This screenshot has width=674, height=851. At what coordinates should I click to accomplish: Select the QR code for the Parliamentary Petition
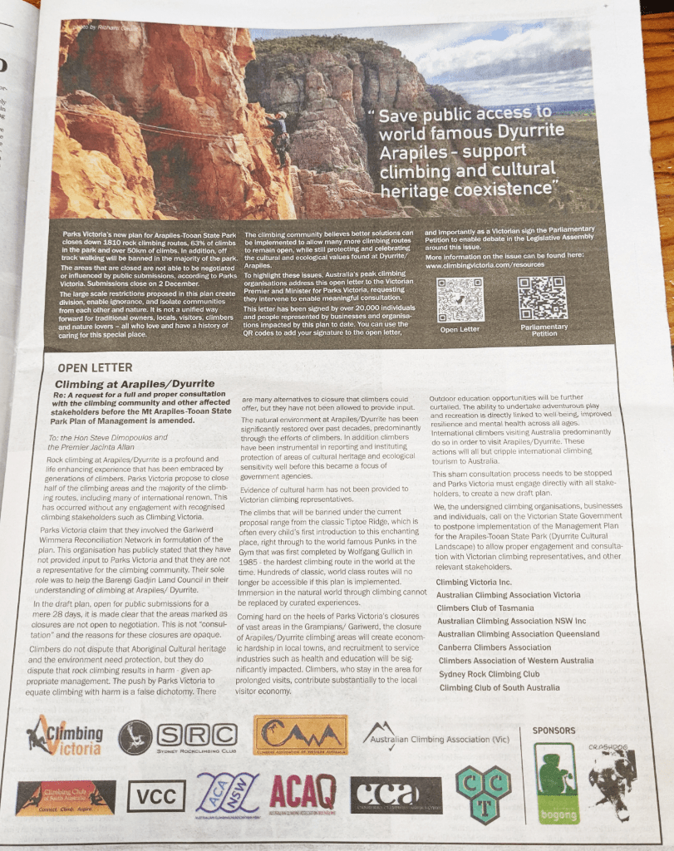[x=543, y=298]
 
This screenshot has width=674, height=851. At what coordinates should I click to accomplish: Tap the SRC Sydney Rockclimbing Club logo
[x=177, y=736]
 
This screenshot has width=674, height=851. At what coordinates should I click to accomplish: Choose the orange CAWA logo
[x=300, y=735]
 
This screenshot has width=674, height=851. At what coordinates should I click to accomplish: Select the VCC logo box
[x=156, y=796]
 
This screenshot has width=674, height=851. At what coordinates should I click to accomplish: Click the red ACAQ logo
[x=303, y=794]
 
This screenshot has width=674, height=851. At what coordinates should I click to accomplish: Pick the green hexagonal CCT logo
[x=483, y=794]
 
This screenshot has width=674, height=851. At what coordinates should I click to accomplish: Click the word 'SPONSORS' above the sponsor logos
[x=553, y=730]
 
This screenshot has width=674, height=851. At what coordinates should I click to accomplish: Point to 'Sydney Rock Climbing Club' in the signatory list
[x=489, y=674]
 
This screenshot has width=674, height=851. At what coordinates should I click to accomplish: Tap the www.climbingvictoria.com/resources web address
[x=485, y=265]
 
